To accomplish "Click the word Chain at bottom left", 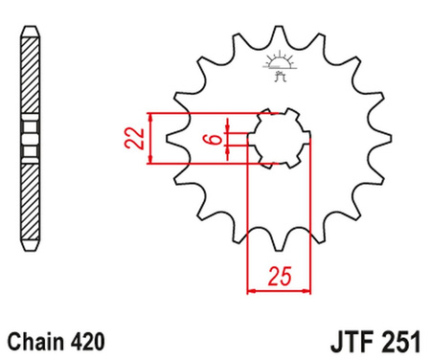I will click(36, 340).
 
